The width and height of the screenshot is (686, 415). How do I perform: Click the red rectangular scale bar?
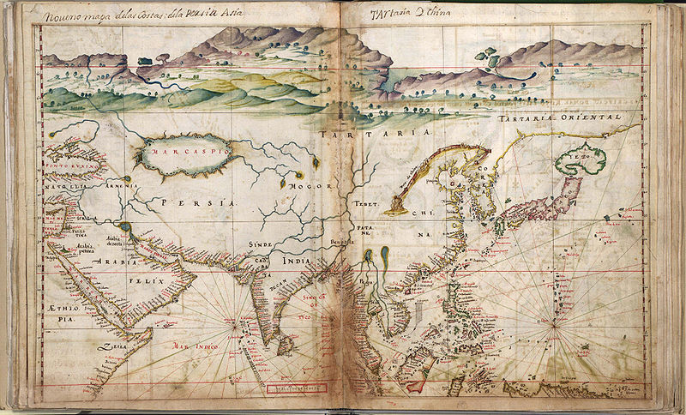(296, 388)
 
